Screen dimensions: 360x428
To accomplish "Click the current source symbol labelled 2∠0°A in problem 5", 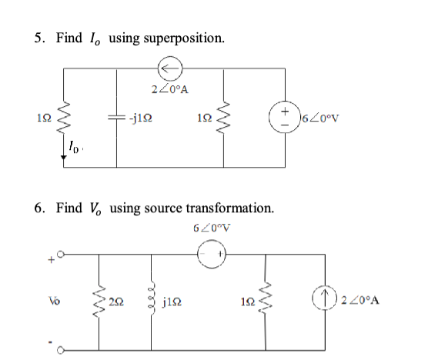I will tap(169, 69).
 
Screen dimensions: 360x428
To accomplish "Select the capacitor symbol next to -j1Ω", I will tap(117, 118).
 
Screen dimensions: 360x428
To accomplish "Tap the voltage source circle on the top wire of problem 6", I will tap(211, 253).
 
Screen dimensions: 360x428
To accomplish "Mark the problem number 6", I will tap(39, 208).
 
